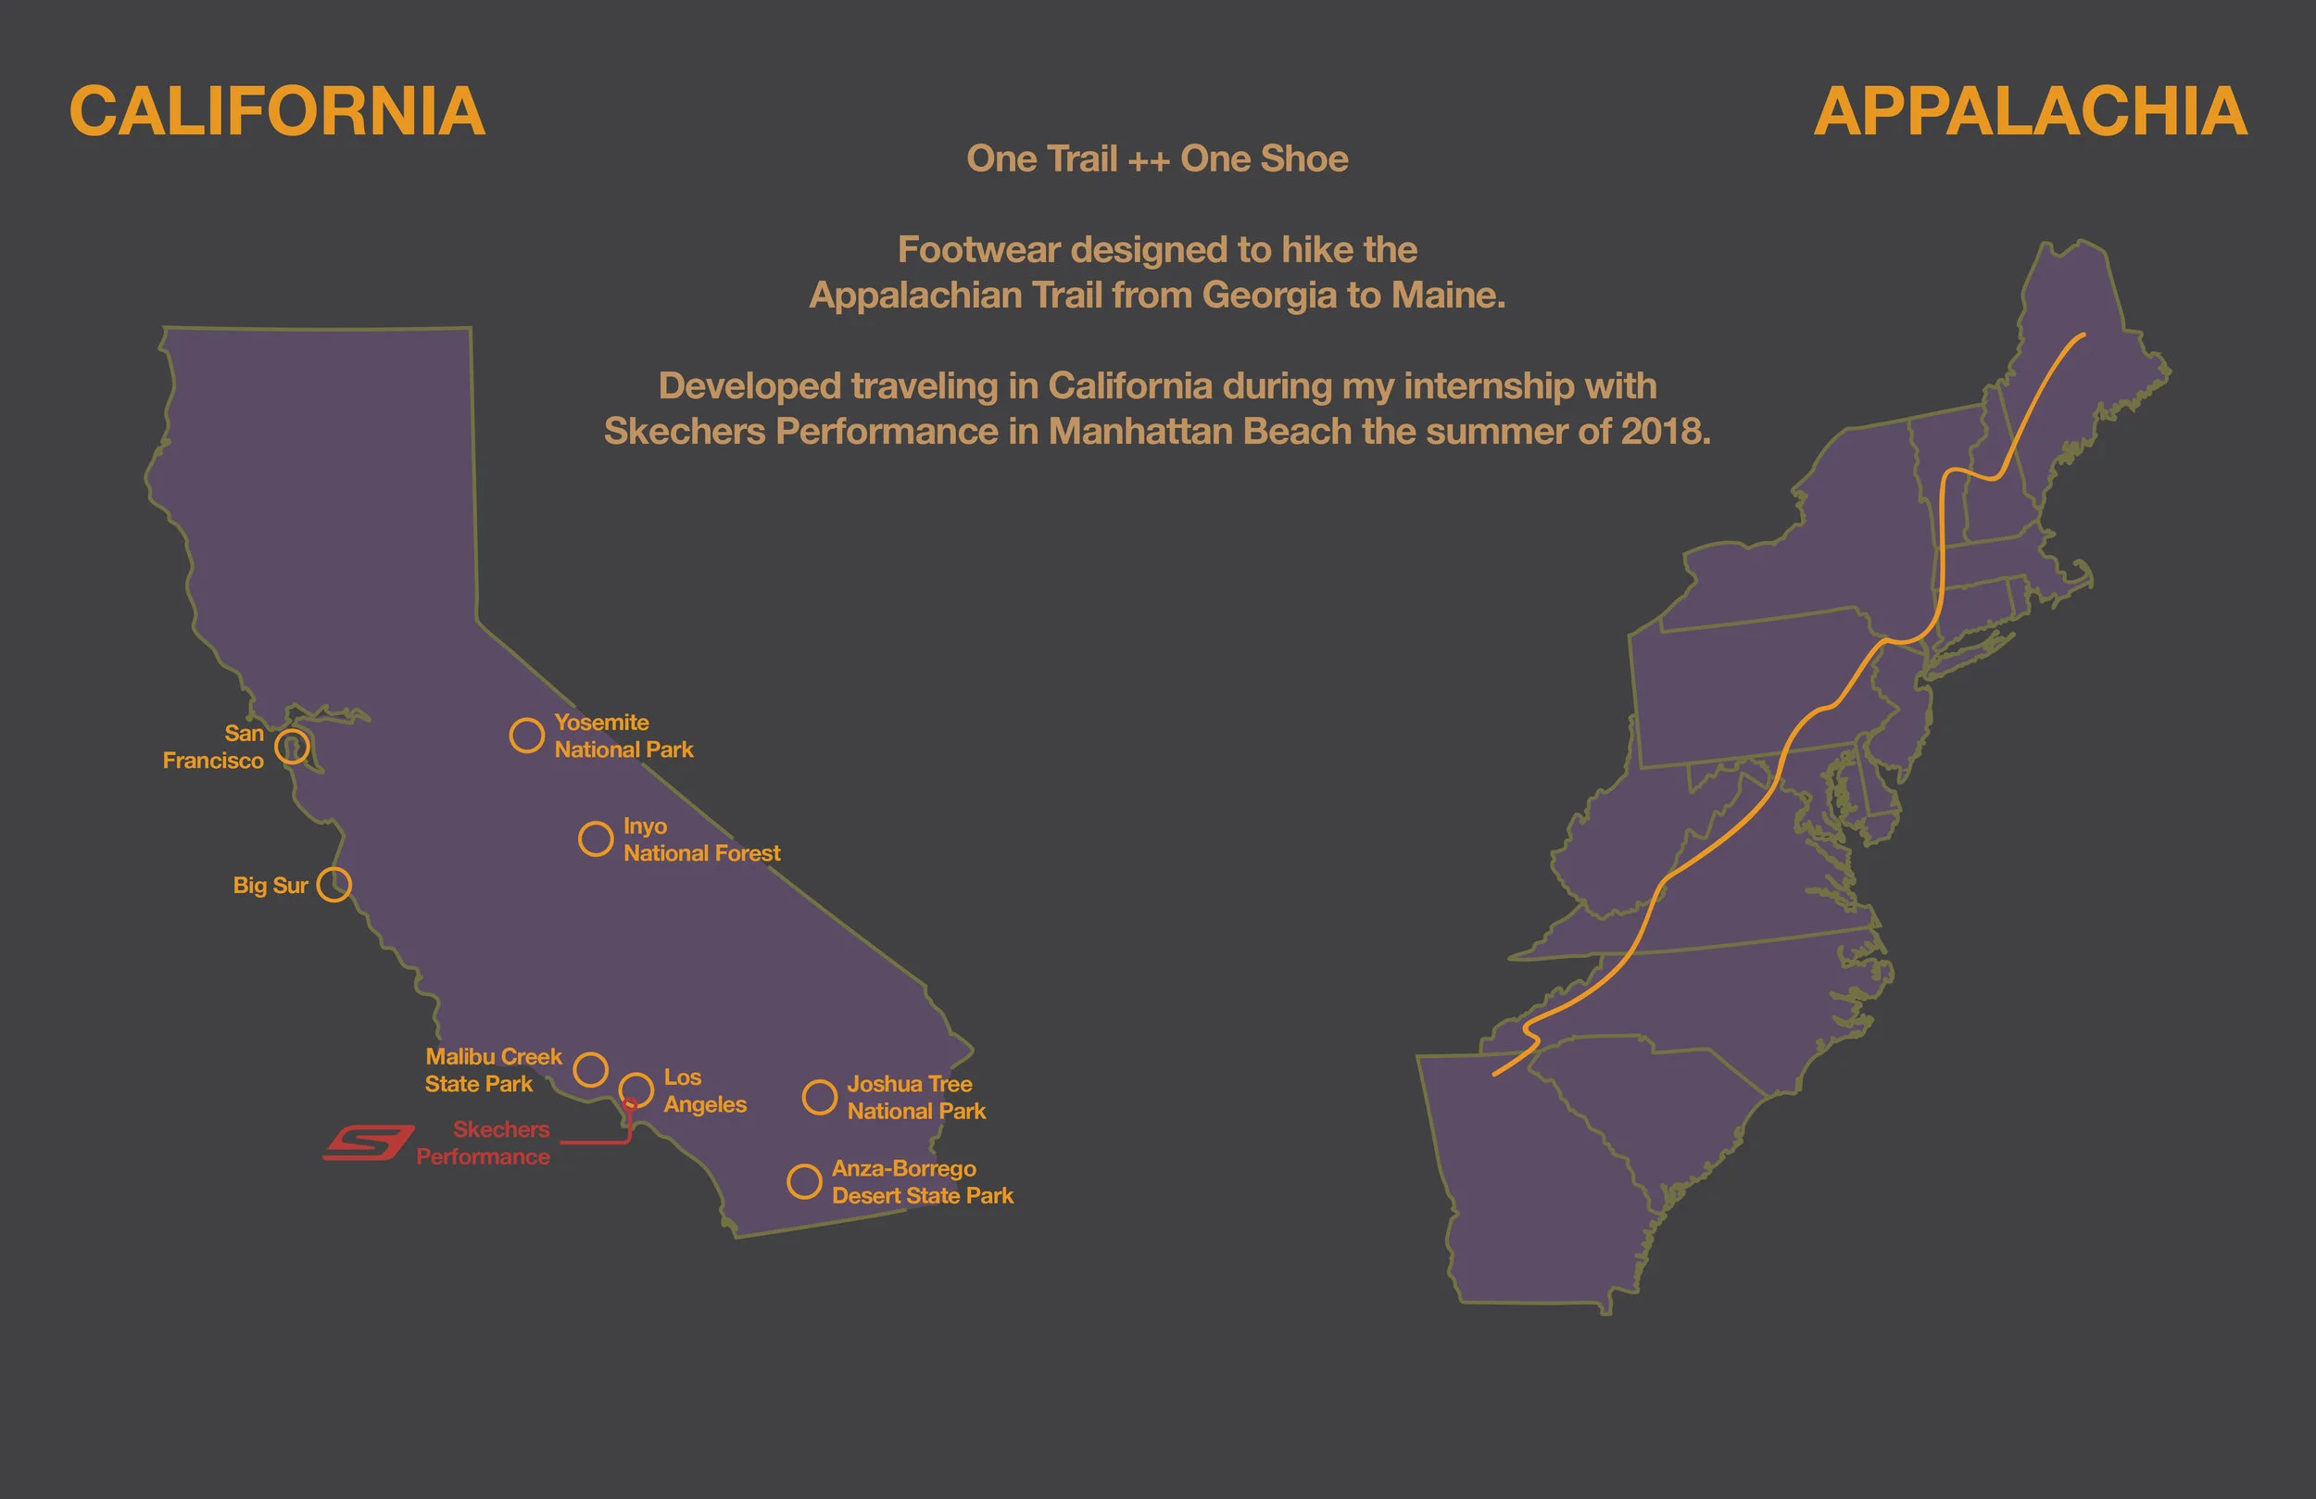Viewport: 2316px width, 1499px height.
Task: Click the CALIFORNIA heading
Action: tap(276, 112)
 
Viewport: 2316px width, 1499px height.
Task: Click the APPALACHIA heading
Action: tap(2030, 112)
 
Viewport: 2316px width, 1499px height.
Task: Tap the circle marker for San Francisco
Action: tap(292, 747)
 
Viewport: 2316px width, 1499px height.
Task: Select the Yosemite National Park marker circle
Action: tap(526, 735)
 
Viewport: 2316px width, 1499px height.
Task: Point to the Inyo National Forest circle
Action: tap(596, 838)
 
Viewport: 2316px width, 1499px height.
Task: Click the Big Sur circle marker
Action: tap(334, 884)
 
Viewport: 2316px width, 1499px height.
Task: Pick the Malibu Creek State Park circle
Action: tap(591, 1069)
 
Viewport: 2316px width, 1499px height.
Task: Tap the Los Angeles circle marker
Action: tap(636, 1090)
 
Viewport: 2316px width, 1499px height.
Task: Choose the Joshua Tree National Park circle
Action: tap(819, 1097)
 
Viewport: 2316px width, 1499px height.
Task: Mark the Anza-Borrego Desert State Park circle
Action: tap(804, 1180)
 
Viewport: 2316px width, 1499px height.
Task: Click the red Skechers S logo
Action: tap(369, 1141)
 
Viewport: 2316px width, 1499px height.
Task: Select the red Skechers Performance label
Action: tap(484, 1142)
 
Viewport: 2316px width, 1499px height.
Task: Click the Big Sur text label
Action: tap(270, 886)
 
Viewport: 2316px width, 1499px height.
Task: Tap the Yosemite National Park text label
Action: tap(623, 736)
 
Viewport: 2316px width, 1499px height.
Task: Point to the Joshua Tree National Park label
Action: tap(915, 1097)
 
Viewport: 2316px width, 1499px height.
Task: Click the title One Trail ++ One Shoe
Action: tap(1157, 158)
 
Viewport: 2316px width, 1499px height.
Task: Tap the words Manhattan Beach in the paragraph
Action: tap(1200, 430)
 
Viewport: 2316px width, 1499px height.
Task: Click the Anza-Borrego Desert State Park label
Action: tap(922, 1181)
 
